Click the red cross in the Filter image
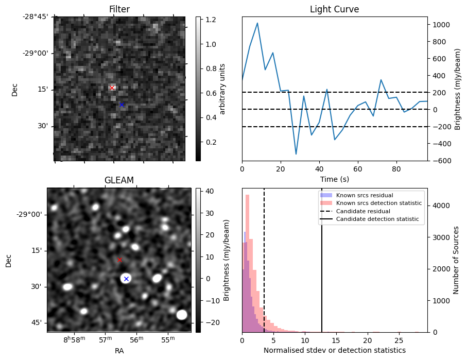click(112, 88)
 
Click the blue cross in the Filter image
click(122, 105)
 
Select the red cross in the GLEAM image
click(120, 260)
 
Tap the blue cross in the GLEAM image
click(126, 279)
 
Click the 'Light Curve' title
click(334, 9)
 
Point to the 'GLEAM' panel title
click(119, 180)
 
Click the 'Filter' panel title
click(119, 9)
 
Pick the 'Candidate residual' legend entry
click(363, 211)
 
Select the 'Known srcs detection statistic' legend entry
click(378, 203)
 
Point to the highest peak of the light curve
click(257, 23)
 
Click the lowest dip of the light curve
click(296, 154)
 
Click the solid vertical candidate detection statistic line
click(322, 268)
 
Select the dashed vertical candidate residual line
click(264, 268)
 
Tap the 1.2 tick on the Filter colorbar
click(210, 20)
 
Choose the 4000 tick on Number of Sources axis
click(442, 205)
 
